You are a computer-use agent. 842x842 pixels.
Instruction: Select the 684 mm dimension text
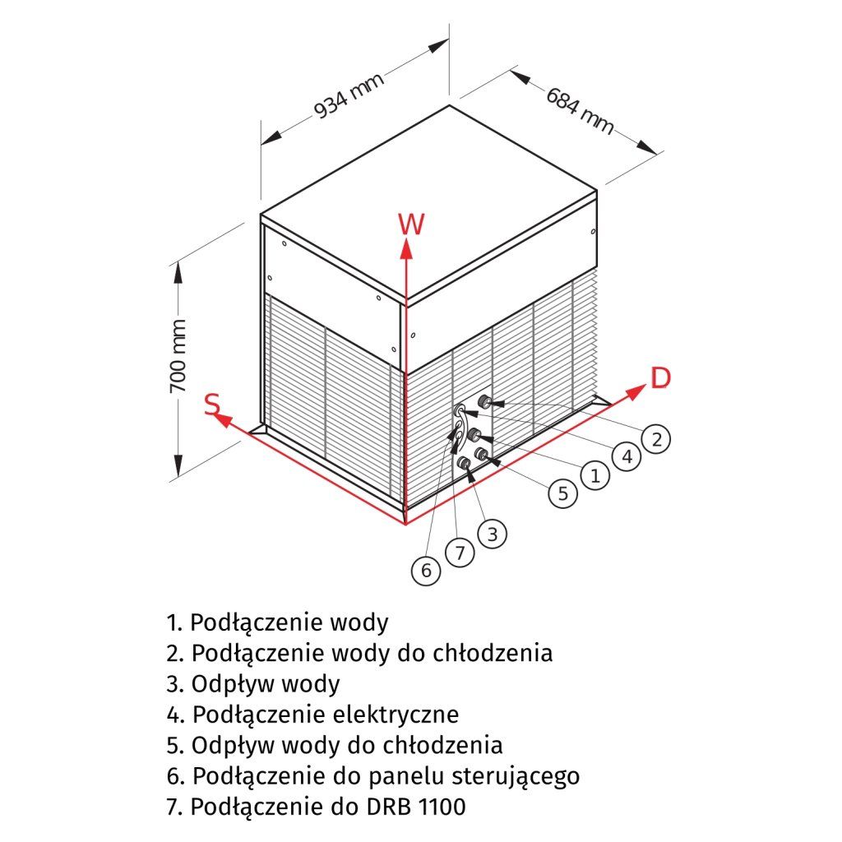tap(581, 107)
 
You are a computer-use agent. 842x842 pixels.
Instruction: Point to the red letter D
tap(660, 377)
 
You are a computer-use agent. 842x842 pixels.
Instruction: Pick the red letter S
tap(212, 404)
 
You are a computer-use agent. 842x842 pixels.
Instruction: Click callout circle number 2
tap(655, 439)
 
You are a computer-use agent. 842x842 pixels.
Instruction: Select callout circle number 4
tap(627, 456)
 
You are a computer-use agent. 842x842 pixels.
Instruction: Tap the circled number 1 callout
tap(594, 474)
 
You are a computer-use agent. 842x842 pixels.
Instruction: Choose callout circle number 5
tap(562, 493)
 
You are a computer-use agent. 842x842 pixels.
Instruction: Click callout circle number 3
tap(492, 534)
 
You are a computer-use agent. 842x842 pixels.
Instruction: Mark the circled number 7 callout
tap(460, 553)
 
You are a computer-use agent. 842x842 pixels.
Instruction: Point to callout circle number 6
tap(426, 570)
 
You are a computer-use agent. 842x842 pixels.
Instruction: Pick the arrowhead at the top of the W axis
tap(406, 245)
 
